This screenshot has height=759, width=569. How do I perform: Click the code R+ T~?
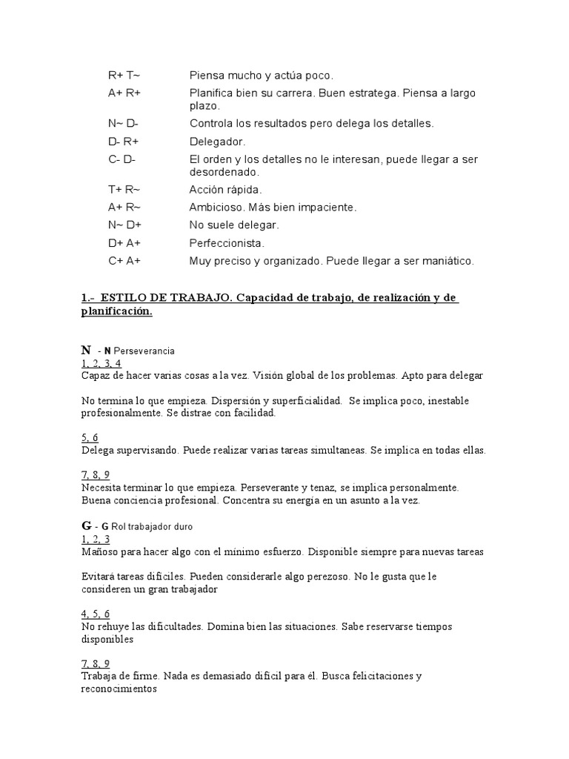click(x=124, y=76)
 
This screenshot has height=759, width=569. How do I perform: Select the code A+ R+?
click(x=124, y=93)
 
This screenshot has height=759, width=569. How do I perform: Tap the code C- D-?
click(x=122, y=159)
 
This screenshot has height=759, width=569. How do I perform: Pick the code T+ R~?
click(x=124, y=190)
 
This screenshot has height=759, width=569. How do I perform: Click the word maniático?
click(x=447, y=261)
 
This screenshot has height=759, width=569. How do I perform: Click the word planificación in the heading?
click(x=116, y=311)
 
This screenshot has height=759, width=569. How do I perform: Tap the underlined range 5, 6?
click(x=90, y=437)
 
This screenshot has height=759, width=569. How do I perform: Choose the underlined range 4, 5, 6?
click(x=96, y=613)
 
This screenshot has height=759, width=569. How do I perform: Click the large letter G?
click(x=86, y=526)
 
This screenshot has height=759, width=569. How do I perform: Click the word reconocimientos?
click(x=119, y=689)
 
